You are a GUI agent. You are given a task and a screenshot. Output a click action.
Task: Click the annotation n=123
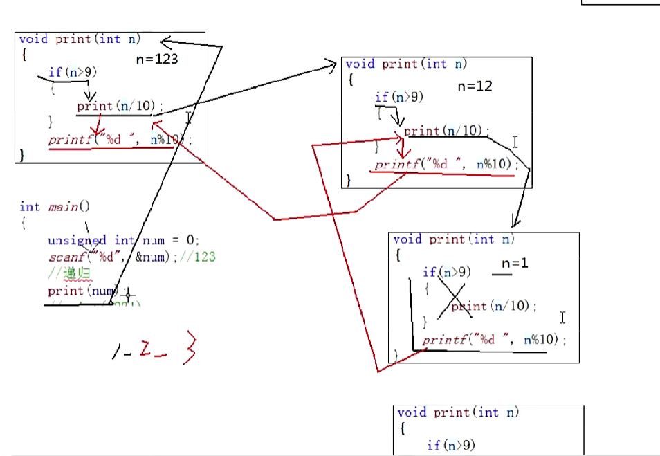[157, 59]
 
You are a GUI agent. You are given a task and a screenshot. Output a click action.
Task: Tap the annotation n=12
[475, 86]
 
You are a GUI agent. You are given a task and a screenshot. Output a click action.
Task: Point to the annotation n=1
[515, 264]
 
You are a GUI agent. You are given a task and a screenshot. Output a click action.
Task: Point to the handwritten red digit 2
[146, 351]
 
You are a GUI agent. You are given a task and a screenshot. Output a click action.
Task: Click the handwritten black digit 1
[115, 352]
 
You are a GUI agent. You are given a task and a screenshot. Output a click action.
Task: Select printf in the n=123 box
[68, 140]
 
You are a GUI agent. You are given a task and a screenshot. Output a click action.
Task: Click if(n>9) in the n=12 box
[398, 98]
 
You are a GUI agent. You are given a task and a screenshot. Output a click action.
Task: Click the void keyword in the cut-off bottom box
[412, 412]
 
